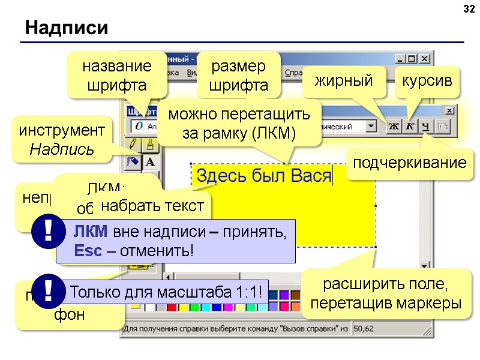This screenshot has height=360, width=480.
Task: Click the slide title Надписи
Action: pos(66,28)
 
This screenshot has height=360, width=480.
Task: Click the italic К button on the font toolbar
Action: pos(409,127)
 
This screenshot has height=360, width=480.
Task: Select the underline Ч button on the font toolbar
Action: pos(425,127)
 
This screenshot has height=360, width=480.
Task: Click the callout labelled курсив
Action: pos(427,81)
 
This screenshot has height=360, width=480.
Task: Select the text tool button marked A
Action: pos(149,161)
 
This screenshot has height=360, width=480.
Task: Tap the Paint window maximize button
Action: pos(412,59)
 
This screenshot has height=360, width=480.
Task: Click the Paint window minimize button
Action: pos(400,59)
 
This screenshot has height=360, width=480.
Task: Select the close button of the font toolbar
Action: pos(448,110)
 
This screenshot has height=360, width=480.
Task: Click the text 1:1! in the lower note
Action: pos(246,293)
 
